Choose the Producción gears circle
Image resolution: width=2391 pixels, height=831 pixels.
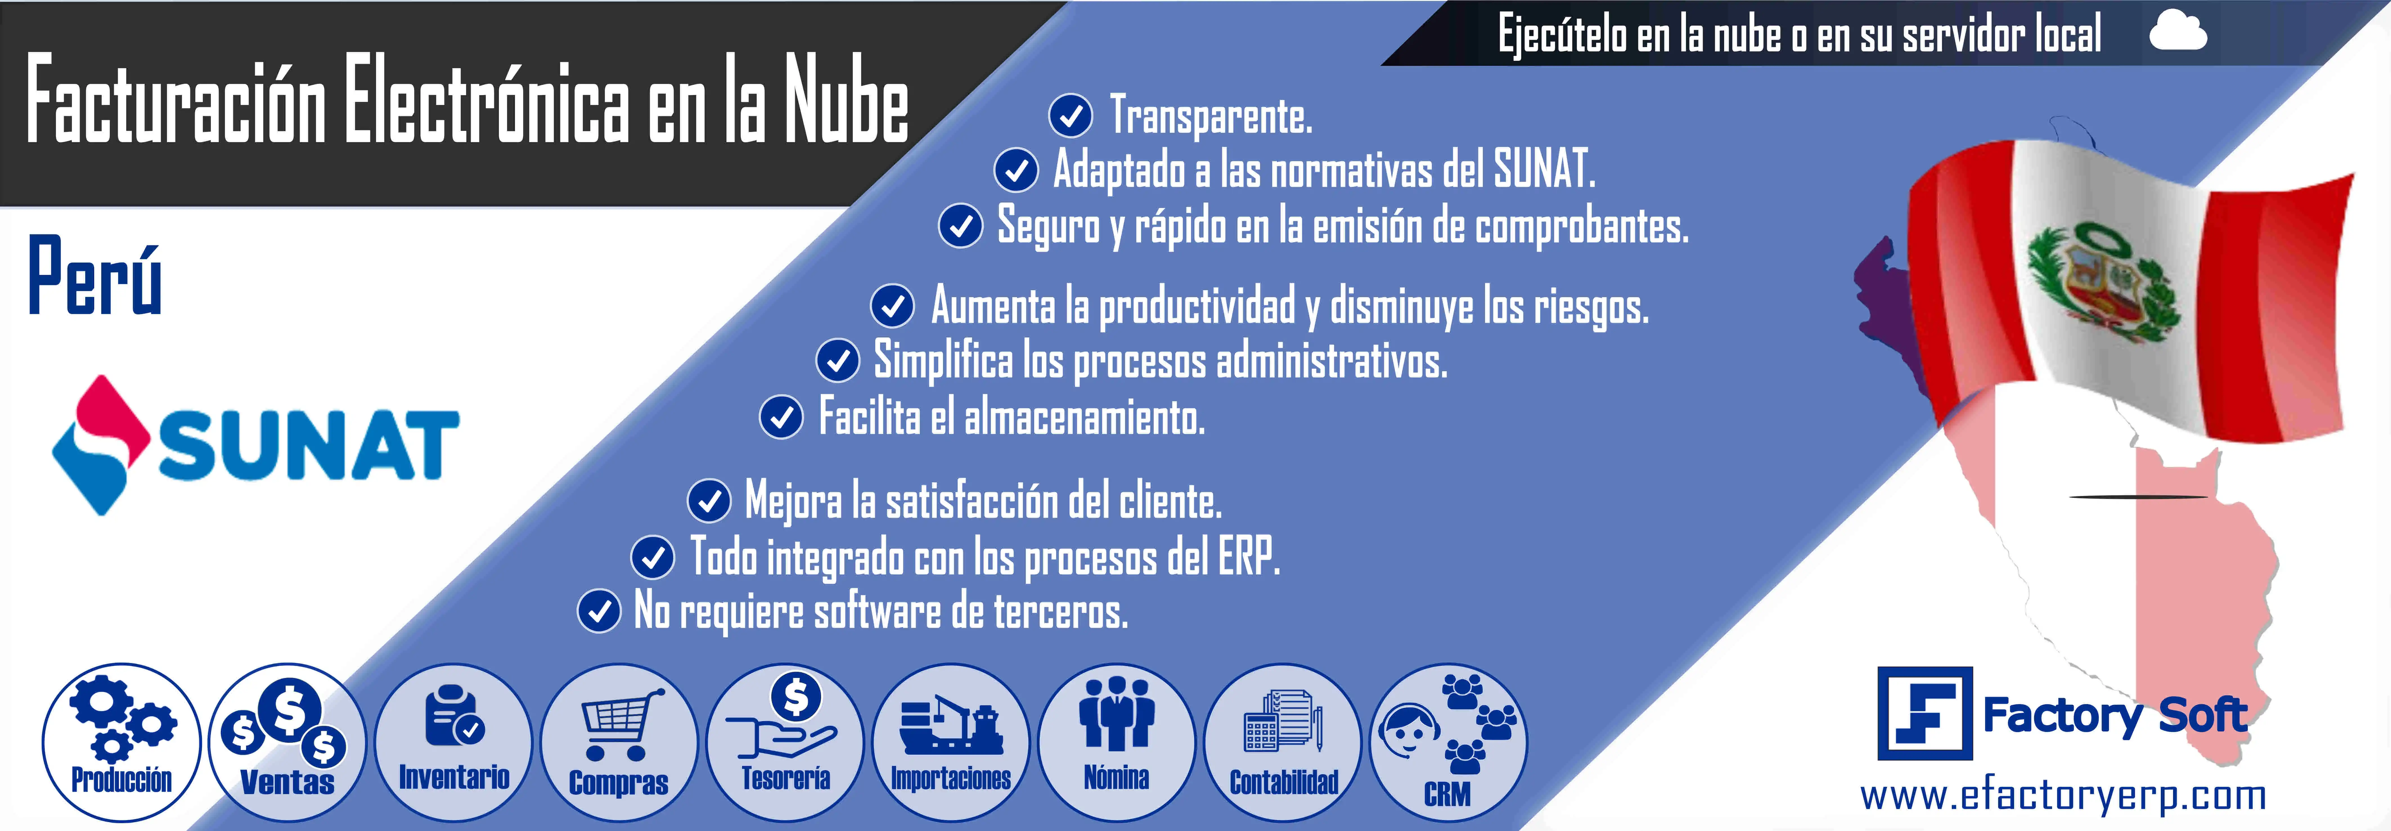tap(122, 742)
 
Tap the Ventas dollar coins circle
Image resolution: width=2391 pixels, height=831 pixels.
tap(288, 742)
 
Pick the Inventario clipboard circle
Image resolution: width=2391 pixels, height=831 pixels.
tap(454, 742)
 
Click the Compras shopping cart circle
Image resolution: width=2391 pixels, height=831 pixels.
tap(619, 742)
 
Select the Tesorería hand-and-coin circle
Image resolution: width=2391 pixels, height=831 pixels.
tap(785, 742)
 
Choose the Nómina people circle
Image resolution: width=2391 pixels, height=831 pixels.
tap(1117, 742)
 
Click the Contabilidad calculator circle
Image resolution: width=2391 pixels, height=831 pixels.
tap(1283, 742)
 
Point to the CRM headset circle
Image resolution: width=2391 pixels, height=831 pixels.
tap(1448, 742)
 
